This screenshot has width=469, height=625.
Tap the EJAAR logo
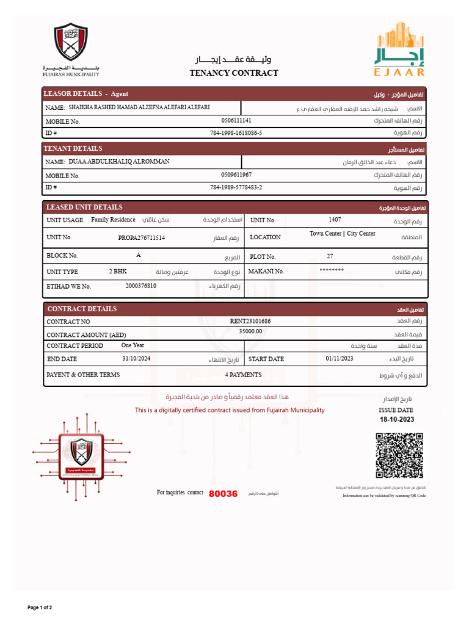coord(399,49)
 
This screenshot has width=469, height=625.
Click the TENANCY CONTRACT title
coord(234,73)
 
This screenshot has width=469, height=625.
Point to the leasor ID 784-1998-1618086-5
coord(236,132)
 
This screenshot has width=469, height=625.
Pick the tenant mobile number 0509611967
coord(236,175)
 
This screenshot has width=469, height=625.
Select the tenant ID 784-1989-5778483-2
coord(236,187)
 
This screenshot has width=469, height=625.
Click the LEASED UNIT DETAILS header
coord(84,208)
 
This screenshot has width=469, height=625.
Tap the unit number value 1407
coord(335,219)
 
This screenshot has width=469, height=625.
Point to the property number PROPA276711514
coord(141,237)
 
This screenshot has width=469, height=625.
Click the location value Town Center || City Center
coord(342,234)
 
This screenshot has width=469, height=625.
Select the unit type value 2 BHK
coord(118,271)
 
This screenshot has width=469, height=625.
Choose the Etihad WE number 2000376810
coord(140,286)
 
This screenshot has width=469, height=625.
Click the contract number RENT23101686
coord(250,320)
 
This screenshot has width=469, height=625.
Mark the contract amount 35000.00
coord(250,331)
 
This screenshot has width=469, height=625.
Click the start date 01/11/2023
coord(340,358)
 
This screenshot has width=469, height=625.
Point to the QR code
coord(399,455)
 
